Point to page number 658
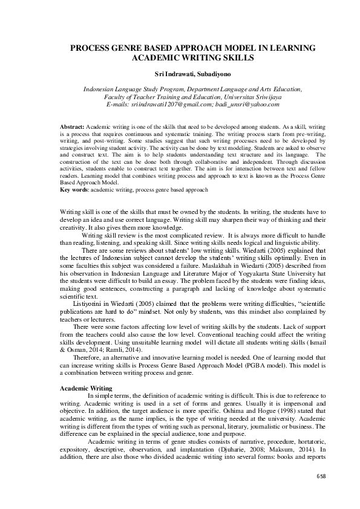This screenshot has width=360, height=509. pos(321,476)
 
